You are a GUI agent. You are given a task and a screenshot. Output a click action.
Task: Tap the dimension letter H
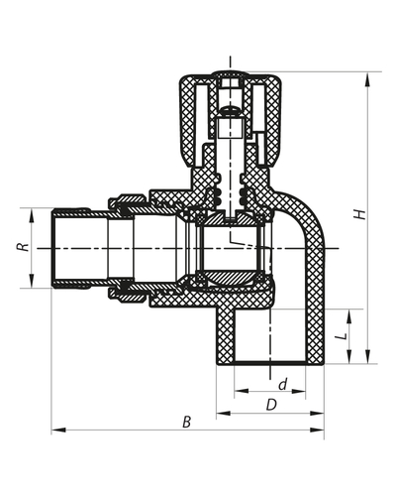[375, 215]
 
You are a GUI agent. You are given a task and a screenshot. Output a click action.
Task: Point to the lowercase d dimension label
[281, 383]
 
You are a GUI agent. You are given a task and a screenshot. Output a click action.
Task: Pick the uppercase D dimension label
[269, 404]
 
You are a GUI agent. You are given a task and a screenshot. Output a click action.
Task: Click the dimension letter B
[187, 423]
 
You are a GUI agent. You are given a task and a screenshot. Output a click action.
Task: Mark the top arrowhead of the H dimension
[368, 74]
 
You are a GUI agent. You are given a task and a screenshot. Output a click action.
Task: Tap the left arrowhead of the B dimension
[55, 431]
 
